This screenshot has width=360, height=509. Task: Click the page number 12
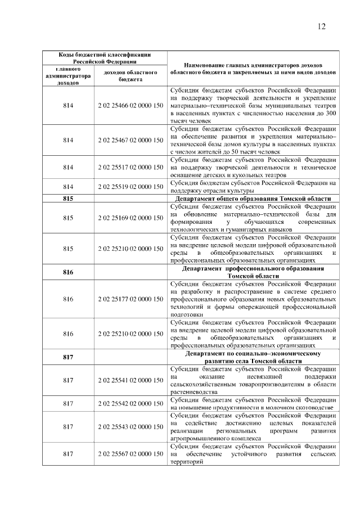click(x=322, y=26)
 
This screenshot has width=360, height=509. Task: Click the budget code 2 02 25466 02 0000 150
click(x=130, y=106)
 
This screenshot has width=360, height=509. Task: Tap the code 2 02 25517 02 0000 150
click(x=130, y=167)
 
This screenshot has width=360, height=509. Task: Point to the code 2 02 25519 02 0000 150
click(x=130, y=186)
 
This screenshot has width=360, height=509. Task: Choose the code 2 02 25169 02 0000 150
click(x=130, y=217)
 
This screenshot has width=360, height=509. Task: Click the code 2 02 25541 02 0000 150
click(x=130, y=380)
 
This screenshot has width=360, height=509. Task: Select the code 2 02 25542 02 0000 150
click(x=130, y=403)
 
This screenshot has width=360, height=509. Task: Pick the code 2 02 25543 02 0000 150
click(x=130, y=426)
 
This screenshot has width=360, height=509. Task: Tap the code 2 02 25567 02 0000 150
click(x=130, y=454)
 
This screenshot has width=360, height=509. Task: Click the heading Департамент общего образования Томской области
click(x=253, y=199)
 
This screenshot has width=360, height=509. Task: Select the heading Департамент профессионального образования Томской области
click(x=253, y=272)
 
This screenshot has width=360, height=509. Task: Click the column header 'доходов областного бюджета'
click(x=130, y=76)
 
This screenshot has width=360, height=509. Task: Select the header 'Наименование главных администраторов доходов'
click(x=253, y=69)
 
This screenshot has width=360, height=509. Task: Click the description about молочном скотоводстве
click(x=253, y=407)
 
